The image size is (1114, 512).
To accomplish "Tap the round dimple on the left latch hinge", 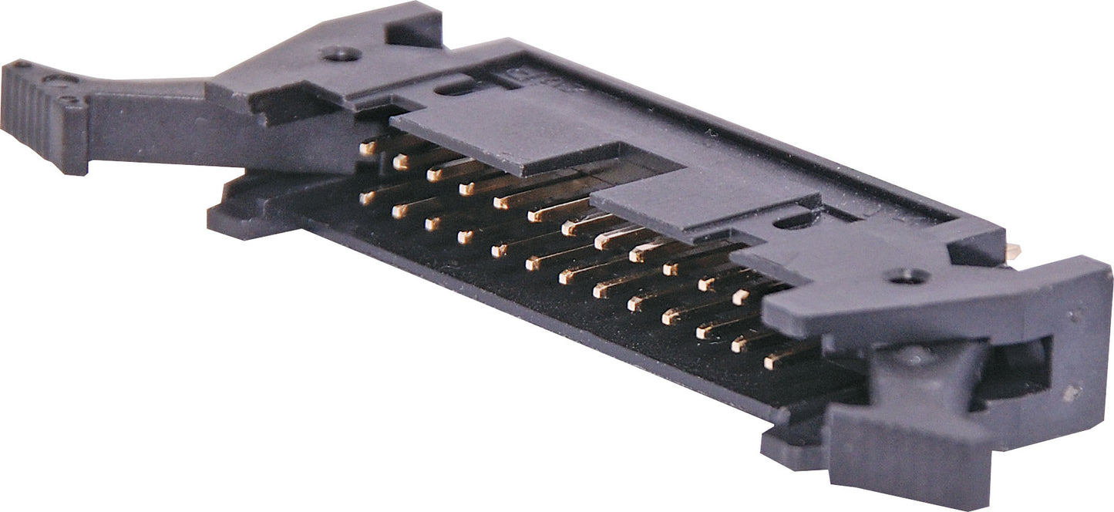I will tap(340, 54).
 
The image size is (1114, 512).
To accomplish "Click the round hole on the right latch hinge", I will tap(909, 275).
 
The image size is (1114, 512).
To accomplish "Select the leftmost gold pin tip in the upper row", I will tap(369, 147).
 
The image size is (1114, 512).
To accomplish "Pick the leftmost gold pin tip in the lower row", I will tap(367, 197).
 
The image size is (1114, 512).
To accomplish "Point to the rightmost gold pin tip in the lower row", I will tap(772, 361).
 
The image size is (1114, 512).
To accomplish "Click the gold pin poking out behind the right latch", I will tap(1012, 250).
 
